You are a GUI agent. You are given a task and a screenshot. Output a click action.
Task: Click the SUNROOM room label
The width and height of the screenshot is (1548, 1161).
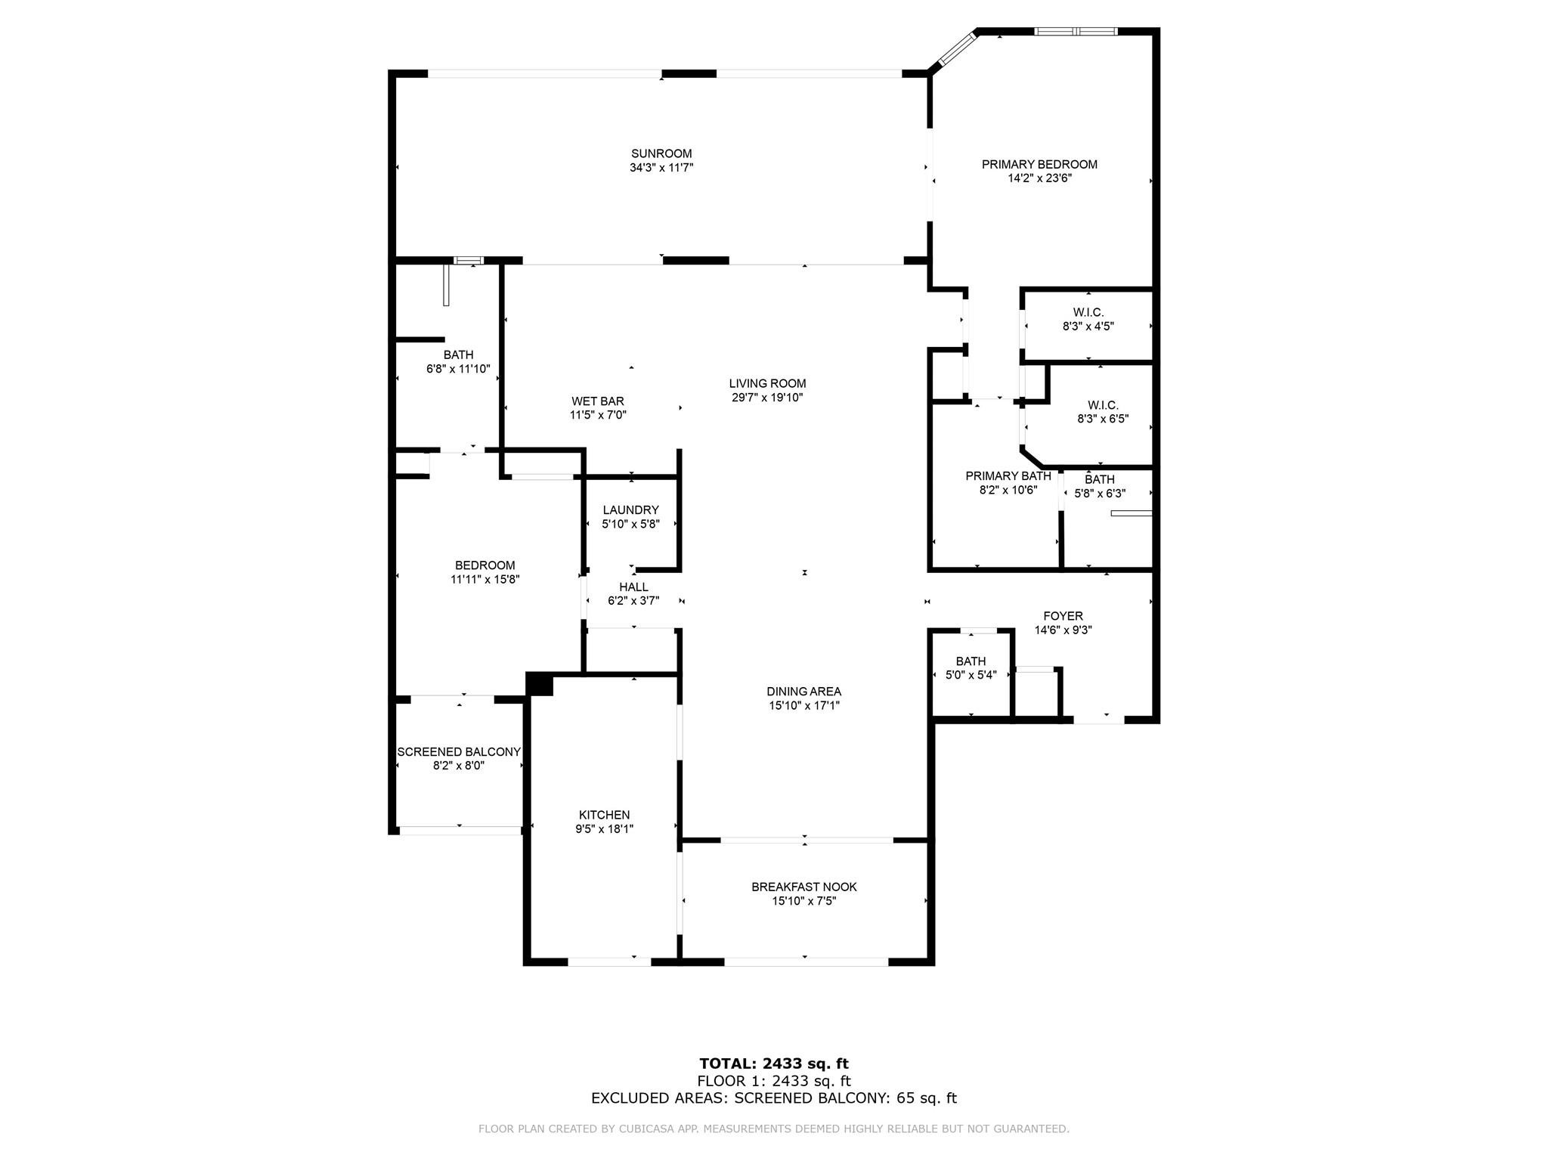tap(661, 153)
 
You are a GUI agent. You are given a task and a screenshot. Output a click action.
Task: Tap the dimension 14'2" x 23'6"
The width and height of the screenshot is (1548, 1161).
tap(1039, 178)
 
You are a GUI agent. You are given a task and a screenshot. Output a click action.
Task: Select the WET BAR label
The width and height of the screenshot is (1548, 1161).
tap(597, 401)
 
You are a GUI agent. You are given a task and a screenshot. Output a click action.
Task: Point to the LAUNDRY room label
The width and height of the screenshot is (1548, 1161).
tap(630, 510)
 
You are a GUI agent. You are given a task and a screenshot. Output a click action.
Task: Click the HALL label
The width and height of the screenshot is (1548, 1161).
tap(633, 587)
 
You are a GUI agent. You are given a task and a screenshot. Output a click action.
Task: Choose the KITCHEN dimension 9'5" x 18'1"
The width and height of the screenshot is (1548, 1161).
tap(604, 829)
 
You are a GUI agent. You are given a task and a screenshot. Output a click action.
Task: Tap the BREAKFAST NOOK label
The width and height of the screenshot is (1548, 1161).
tap(803, 887)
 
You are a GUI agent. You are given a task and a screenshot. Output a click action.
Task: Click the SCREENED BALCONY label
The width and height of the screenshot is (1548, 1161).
tap(459, 752)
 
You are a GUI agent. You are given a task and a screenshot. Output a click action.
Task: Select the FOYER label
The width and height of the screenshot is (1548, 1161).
tap(1063, 616)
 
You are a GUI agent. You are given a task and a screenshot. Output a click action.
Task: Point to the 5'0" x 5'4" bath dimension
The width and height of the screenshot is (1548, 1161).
tap(971, 675)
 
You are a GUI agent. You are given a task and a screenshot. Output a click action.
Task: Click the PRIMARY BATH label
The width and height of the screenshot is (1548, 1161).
tap(1008, 476)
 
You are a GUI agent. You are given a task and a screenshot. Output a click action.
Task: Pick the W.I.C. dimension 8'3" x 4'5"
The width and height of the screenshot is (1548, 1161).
tap(1088, 327)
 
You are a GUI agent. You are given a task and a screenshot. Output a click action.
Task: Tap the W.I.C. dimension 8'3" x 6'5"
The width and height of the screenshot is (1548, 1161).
tap(1103, 419)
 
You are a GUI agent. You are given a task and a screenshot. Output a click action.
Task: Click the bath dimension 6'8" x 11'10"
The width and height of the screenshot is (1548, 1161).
tap(458, 369)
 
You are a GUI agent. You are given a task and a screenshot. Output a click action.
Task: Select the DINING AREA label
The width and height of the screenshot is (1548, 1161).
tap(803, 691)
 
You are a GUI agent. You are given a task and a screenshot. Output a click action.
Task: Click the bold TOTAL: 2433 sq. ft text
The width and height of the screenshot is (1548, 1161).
tap(773, 1063)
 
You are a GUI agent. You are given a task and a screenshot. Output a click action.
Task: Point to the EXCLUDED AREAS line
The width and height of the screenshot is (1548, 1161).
tap(773, 1098)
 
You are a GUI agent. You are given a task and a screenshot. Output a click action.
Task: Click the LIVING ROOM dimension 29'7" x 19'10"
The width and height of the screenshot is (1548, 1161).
tap(767, 398)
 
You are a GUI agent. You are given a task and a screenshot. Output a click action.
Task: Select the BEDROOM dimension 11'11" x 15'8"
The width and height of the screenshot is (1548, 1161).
tap(485, 580)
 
